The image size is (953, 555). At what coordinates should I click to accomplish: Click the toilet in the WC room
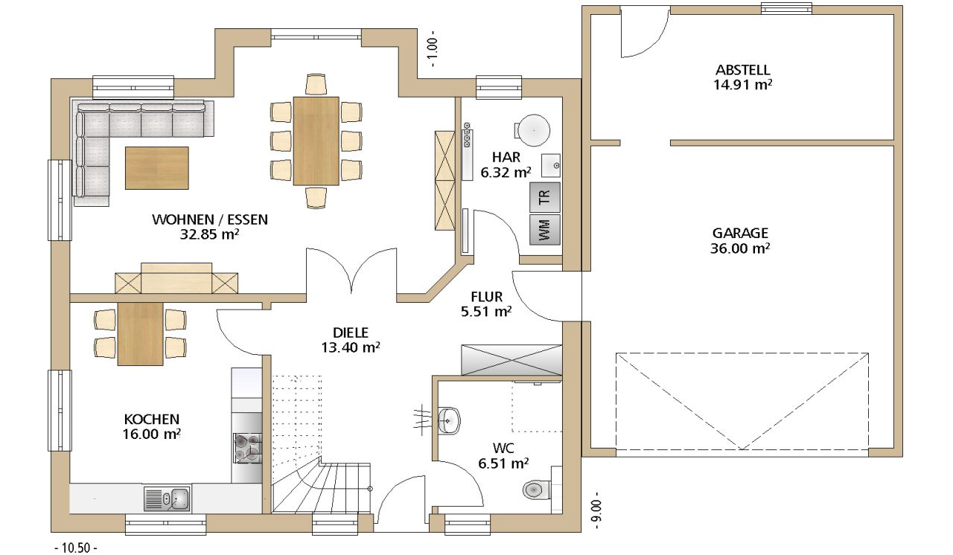pyautogui.click(x=537, y=490)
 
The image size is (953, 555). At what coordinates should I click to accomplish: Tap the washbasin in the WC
pyautogui.click(x=448, y=420)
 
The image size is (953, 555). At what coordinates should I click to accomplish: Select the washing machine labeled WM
pyautogui.click(x=544, y=229)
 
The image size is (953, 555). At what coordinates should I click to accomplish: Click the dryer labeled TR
pyautogui.click(x=544, y=198)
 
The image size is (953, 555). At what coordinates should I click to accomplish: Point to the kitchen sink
pyautogui.click(x=168, y=498)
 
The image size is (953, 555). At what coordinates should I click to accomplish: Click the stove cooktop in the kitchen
pyautogui.click(x=248, y=448)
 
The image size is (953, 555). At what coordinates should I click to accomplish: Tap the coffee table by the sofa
pyautogui.click(x=157, y=168)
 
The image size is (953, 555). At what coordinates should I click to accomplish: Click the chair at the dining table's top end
pyautogui.click(x=316, y=84)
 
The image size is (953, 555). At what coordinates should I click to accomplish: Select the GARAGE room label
pyautogui.click(x=740, y=233)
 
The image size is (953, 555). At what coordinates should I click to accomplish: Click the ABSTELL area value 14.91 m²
pyautogui.click(x=743, y=85)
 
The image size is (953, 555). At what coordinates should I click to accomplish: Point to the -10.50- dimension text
pyautogui.click(x=76, y=548)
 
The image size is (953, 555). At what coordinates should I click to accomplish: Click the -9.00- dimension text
pyautogui.click(x=597, y=510)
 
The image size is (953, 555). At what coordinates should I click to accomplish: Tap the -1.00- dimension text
pyautogui.click(x=433, y=49)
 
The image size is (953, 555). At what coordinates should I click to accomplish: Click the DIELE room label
pyautogui.click(x=351, y=333)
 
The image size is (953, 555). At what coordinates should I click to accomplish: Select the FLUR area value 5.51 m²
pyautogui.click(x=486, y=312)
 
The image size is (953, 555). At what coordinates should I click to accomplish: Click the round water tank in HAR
pyautogui.click(x=534, y=130)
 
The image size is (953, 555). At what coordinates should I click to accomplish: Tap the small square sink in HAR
pyautogui.click(x=551, y=165)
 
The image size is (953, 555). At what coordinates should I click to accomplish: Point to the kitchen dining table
pyautogui.click(x=141, y=333)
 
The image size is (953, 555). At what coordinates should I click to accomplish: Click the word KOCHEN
pyautogui.click(x=151, y=419)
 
